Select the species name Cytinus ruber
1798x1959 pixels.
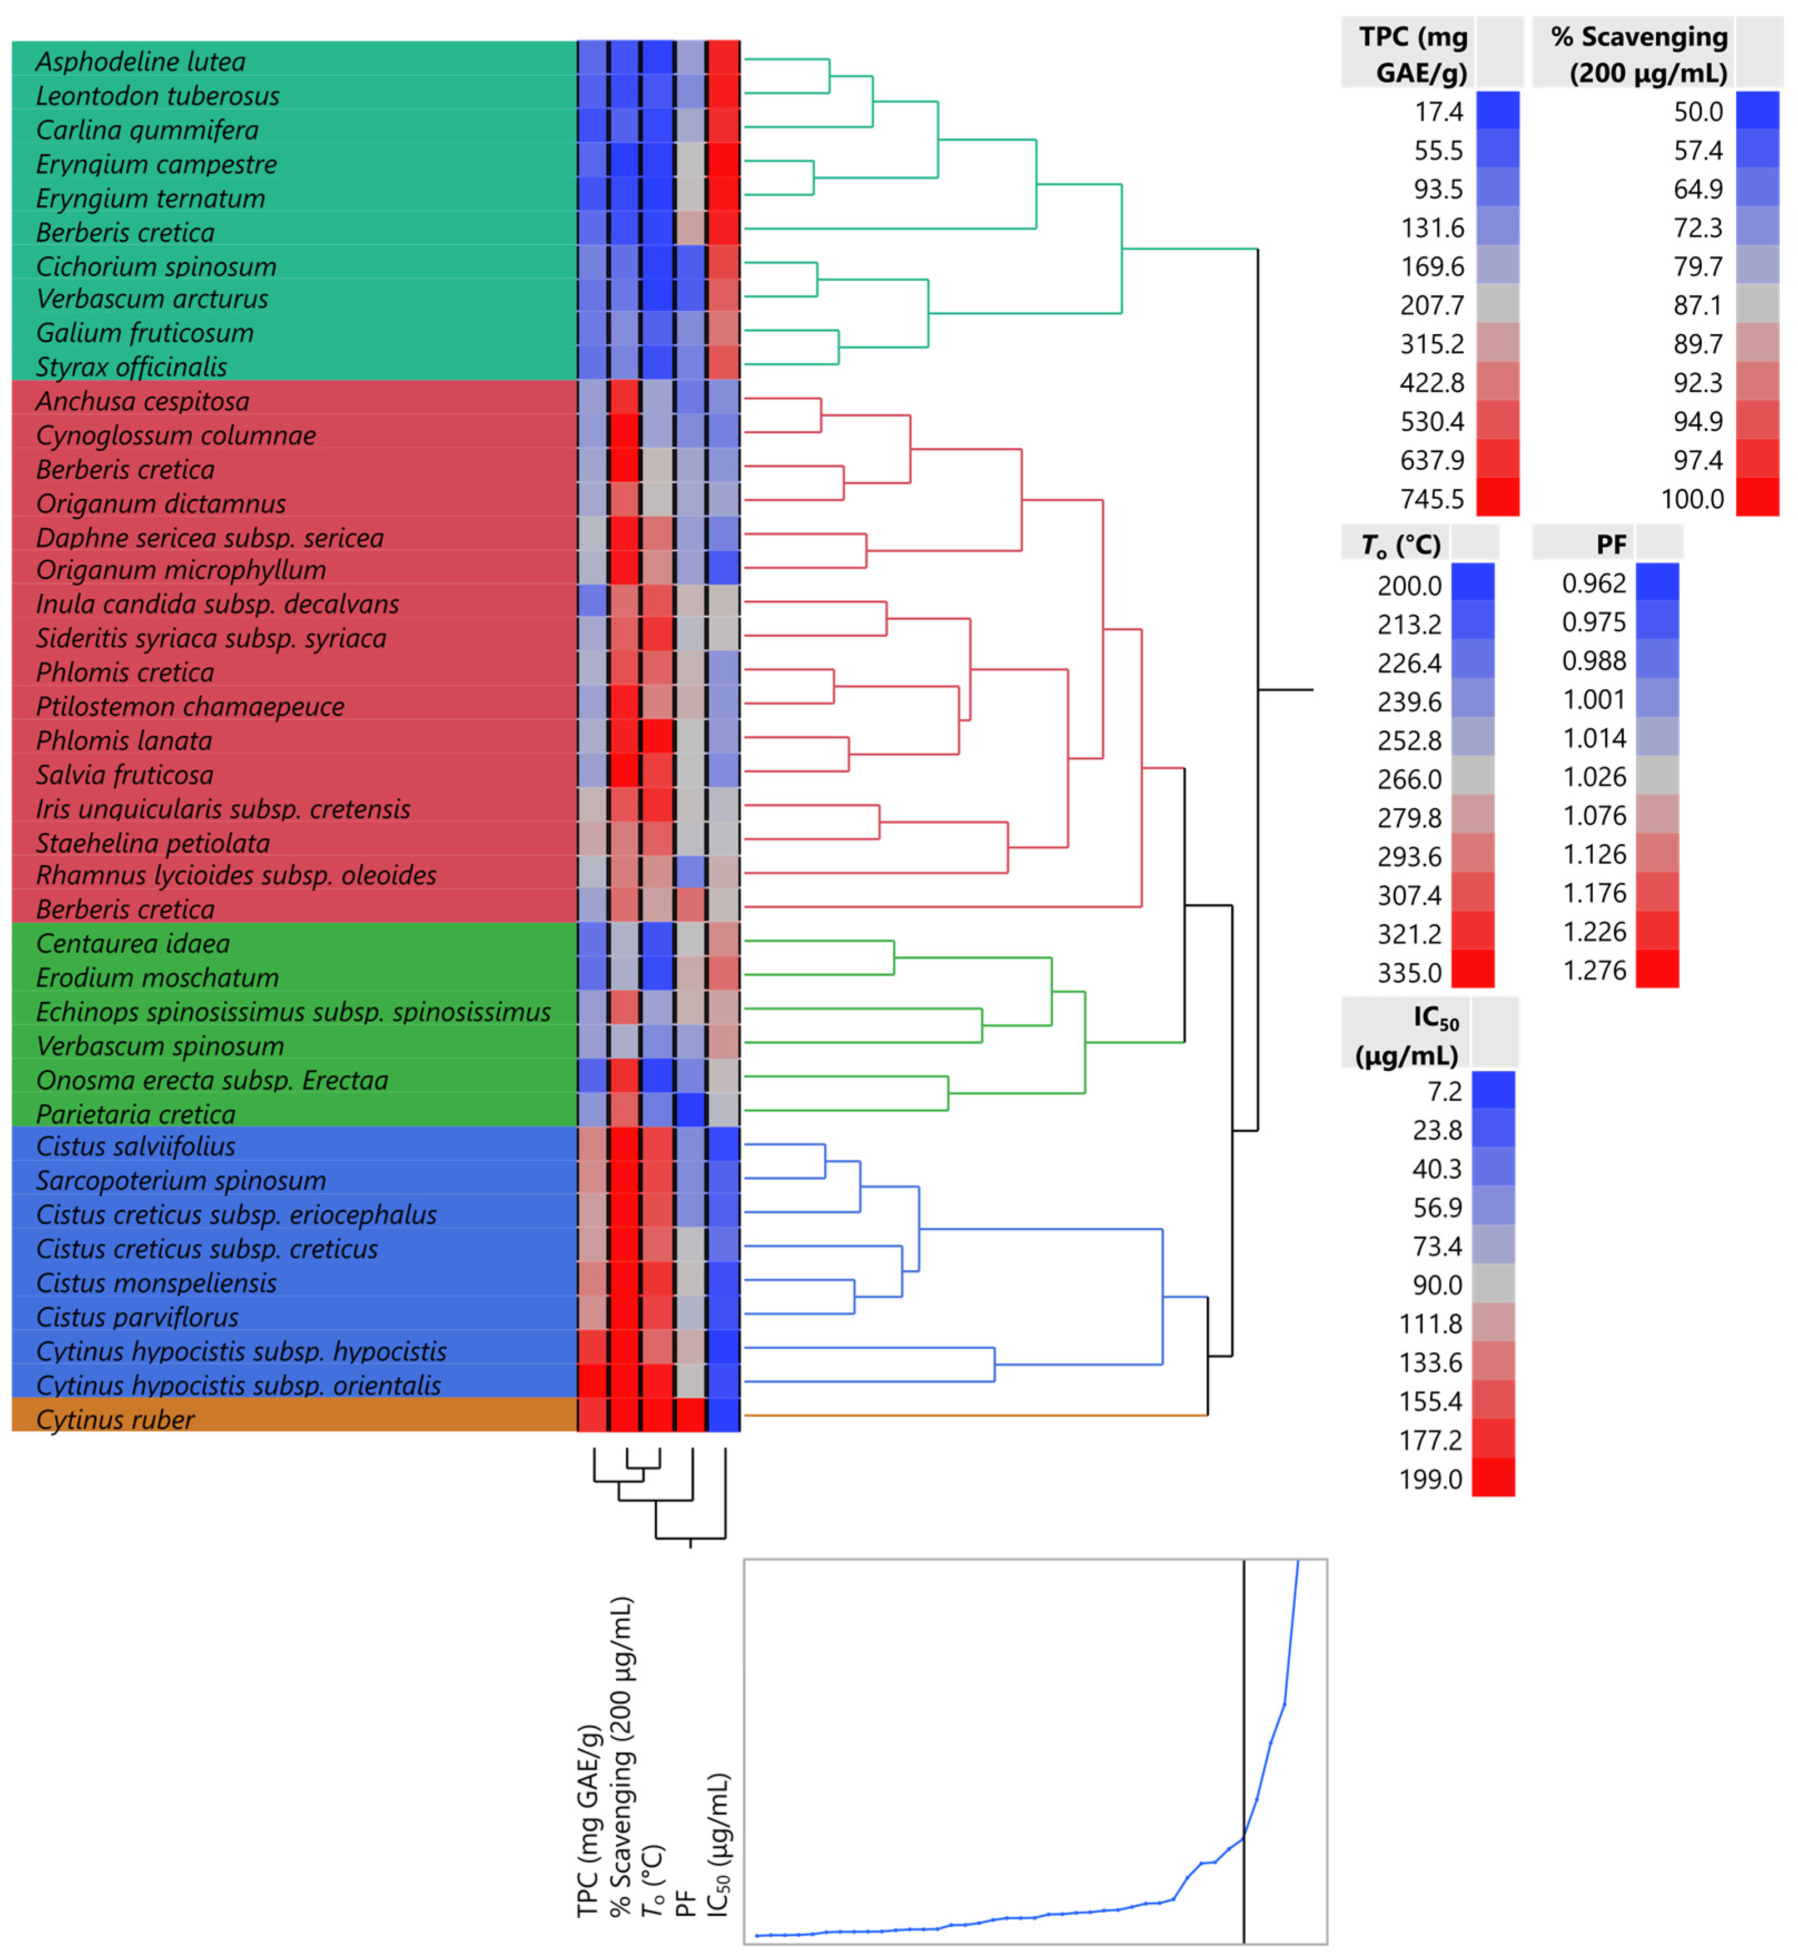[x=115, y=1420]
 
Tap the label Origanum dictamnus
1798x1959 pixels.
[x=161, y=503]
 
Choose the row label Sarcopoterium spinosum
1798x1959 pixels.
[x=180, y=1180]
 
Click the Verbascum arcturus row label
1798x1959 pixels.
[x=152, y=299]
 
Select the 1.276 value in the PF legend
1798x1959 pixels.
[x=1594, y=970]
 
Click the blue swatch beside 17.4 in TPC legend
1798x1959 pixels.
[x=1497, y=111]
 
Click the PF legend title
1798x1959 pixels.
[x=1610, y=544]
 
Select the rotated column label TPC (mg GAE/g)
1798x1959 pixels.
[x=588, y=1820]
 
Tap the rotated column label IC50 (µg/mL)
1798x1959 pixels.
[x=718, y=1844]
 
